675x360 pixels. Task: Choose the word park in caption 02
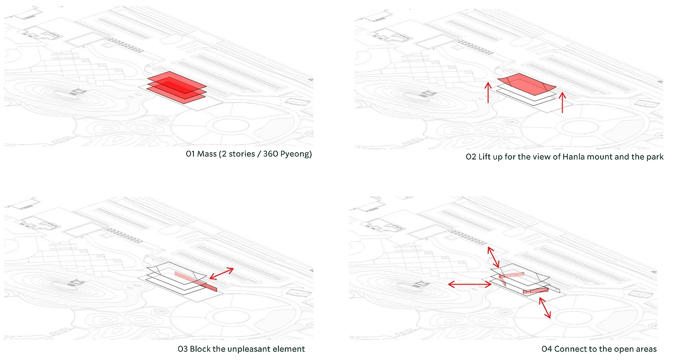[654, 158]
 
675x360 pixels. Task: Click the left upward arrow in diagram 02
[488, 92]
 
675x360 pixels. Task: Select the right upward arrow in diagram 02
[563, 102]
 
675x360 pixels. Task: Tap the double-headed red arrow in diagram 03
[221, 273]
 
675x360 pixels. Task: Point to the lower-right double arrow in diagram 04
[544, 308]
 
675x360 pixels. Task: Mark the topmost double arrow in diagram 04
[494, 256]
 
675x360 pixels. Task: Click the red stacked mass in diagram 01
[176, 84]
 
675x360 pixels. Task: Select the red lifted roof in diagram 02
[527, 83]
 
